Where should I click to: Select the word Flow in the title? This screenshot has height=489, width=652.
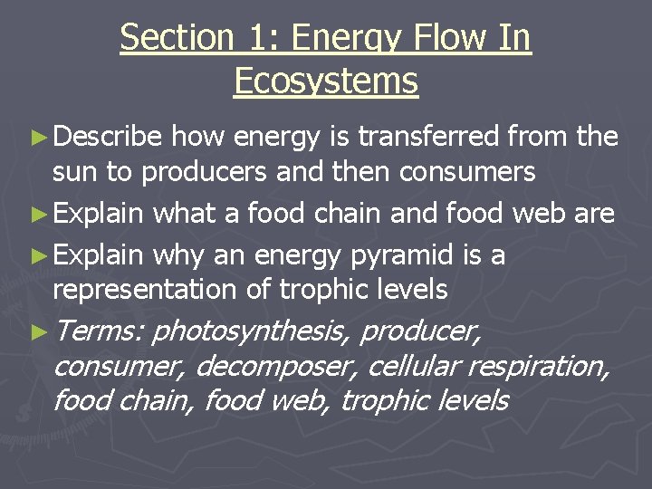pos(442,38)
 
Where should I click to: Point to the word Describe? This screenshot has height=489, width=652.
pos(108,137)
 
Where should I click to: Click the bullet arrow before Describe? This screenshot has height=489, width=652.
pos(40,138)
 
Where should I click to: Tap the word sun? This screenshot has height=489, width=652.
pos(72,171)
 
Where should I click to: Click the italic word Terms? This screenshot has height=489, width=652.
pos(98,331)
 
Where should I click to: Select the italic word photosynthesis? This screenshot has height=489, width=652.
pos(250,331)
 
